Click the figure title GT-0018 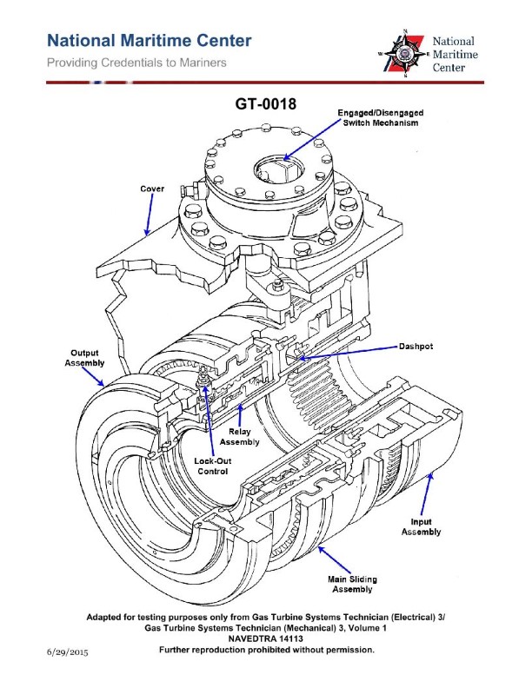[x=266, y=104]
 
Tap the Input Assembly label [x=420, y=526]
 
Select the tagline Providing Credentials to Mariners [x=136, y=63]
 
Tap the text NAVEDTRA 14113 [x=266, y=638]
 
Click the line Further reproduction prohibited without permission [x=266, y=650]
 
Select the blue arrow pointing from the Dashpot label [x=348, y=351]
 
